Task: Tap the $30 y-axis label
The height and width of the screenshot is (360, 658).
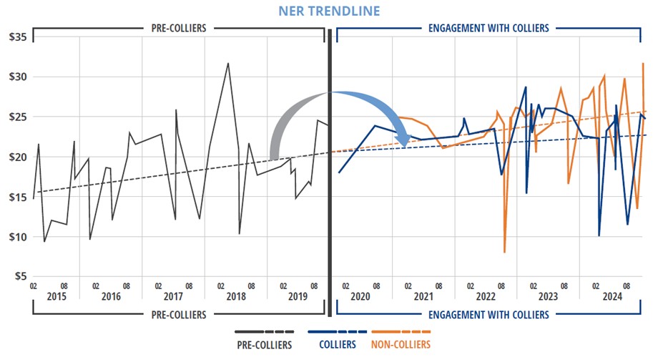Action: (x=16, y=77)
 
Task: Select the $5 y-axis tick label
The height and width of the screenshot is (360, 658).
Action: (x=19, y=276)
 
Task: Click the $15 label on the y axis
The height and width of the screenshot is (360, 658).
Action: (x=16, y=197)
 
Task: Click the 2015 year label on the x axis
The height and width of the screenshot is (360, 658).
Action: (x=49, y=297)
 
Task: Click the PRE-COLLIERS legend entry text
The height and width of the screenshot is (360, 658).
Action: (x=265, y=345)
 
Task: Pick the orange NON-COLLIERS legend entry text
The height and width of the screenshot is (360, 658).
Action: (x=401, y=345)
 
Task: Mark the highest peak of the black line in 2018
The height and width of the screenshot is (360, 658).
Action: (x=228, y=63)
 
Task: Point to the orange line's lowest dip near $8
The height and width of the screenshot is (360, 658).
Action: (x=505, y=252)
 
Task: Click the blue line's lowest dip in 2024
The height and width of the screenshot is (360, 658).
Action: (x=599, y=235)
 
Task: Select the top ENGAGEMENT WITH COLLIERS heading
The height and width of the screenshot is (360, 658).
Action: (x=488, y=29)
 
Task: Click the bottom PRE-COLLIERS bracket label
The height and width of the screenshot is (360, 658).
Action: (x=178, y=314)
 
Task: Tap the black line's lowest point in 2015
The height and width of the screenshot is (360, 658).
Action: (x=44, y=241)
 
